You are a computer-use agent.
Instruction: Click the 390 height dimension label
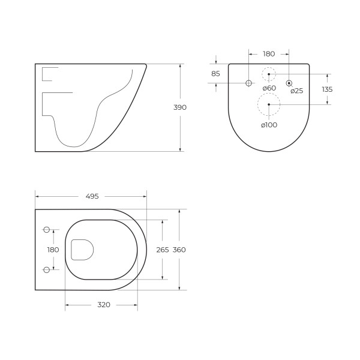pos(180,107)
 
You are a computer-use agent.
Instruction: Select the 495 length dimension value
pos(92,196)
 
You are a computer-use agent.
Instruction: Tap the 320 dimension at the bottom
pos(103,305)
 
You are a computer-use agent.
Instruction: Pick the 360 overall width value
pos(179,250)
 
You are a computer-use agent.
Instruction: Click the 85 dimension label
pos(215,74)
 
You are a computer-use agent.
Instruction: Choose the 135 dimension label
pos(327,89)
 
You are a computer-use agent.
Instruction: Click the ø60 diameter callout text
pos(268,88)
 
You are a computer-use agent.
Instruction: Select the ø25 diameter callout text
pos(296,91)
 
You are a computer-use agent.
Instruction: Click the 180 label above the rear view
pos(269,53)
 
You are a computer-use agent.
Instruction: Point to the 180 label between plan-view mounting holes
pos(53,250)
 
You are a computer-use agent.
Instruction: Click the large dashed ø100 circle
pos(269,104)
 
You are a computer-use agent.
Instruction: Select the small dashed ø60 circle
pos(269,74)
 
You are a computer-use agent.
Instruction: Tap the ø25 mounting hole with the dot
pos(289,83)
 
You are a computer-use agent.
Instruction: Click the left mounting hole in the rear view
pos(249,83)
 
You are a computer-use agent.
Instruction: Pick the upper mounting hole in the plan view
pos(47,229)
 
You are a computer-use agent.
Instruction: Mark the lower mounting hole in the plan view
pos(47,270)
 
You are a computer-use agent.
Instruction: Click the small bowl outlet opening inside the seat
pos(82,250)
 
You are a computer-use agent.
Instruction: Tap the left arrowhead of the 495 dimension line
pos(37,196)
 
